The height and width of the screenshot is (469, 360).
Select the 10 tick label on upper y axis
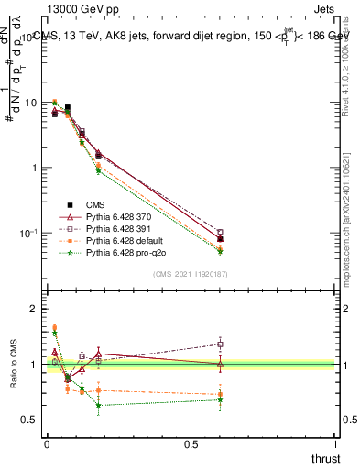pos(31,103)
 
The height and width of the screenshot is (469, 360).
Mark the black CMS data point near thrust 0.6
pos(220,239)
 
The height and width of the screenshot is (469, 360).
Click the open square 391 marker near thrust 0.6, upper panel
pos(220,233)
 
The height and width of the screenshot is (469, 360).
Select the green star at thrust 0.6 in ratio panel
pos(220,399)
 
